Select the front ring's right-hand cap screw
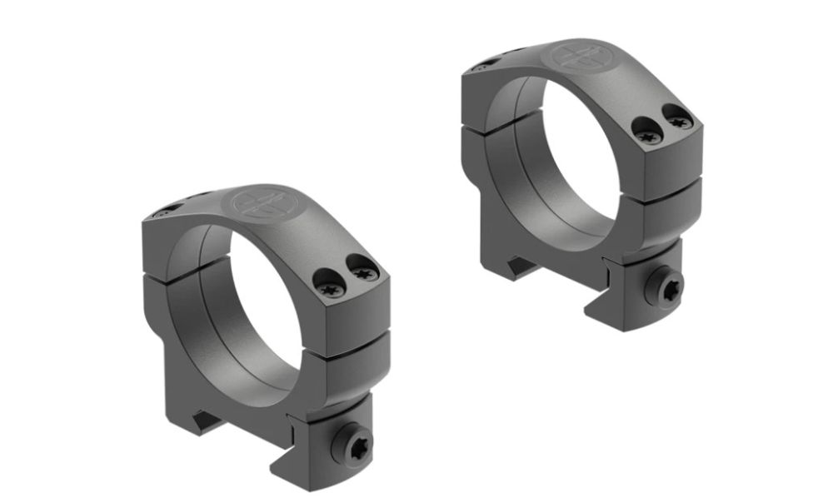tap(363, 270)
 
